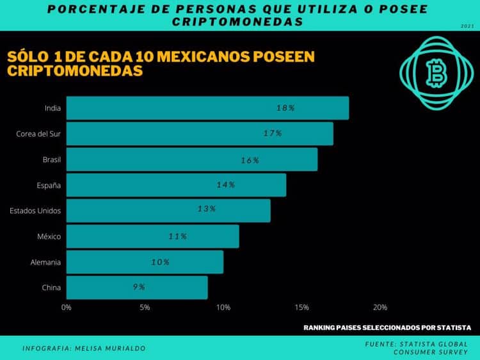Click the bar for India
[x=207, y=108]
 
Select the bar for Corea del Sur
[x=200, y=133]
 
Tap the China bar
[x=137, y=287]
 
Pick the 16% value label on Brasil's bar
[x=250, y=160]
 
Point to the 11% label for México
[x=177, y=236]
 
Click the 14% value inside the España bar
[x=226, y=184]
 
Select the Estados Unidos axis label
[x=36, y=210]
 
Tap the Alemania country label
[x=46, y=262]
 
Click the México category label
[x=49, y=236]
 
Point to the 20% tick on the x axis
[x=380, y=307]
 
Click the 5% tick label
[x=145, y=307]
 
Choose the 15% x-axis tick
[x=301, y=307]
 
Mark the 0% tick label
[x=67, y=307]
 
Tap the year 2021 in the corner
[x=467, y=26]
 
